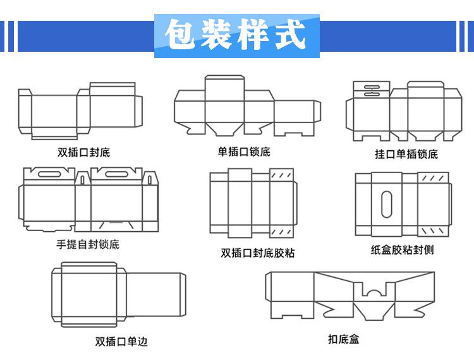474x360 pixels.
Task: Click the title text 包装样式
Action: coord(236,35)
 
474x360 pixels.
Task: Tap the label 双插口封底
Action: coord(84,152)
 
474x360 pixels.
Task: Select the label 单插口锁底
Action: coord(244,152)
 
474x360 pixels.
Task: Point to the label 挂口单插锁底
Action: coord(406,154)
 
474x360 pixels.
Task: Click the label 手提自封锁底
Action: coord(88,244)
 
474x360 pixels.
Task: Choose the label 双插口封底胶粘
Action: coord(258,253)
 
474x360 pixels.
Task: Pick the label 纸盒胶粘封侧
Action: coord(403,249)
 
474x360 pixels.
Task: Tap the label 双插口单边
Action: coord(121,342)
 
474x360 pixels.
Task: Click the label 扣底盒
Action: coord(344,339)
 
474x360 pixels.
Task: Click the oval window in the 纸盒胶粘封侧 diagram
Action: coord(387,204)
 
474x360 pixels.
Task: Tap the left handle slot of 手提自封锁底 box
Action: coord(49,174)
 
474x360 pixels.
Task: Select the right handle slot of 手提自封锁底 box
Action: coord(116,174)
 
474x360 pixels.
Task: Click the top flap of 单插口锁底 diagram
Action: coord(224,88)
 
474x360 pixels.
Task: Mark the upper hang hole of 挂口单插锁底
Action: coord(372,88)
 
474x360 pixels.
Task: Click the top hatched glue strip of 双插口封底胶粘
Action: coord(281,175)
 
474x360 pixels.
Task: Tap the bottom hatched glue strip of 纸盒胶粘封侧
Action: coord(432,231)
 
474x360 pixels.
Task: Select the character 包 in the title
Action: coord(181,35)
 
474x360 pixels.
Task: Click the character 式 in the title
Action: coord(290,34)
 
